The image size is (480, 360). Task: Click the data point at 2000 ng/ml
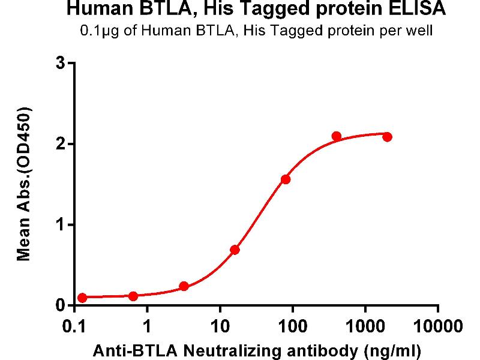point(387,137)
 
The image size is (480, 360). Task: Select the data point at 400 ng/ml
point(337,136)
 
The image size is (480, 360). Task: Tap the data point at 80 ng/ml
point(286,179)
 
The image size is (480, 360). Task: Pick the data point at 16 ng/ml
point(235,250)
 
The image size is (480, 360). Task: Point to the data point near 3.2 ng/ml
point(184,286)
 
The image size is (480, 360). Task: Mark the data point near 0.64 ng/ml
point(133,296)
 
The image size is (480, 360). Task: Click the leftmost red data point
point(82,298)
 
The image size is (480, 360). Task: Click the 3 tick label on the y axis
point(60,63)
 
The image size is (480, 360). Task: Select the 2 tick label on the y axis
point(60,144)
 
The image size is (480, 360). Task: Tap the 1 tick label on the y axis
point(60,225)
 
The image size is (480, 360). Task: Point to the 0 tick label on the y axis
point(60,306)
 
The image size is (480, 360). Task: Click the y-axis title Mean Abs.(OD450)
point(25,185)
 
